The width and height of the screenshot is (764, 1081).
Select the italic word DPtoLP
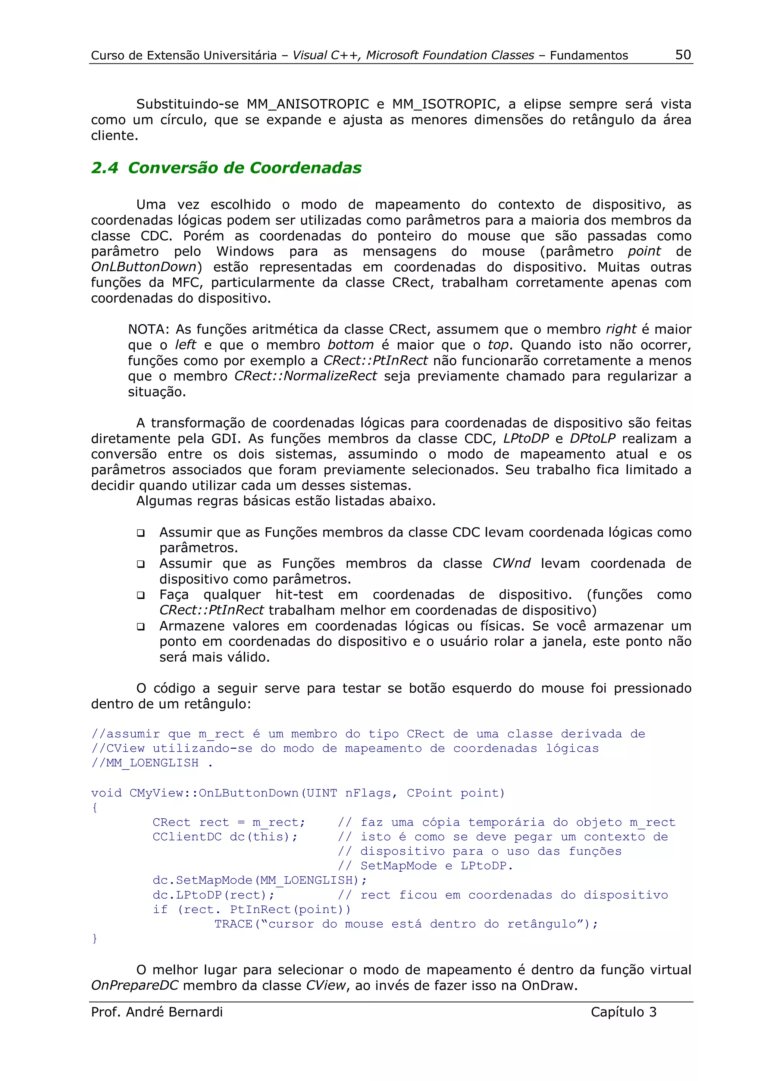592,438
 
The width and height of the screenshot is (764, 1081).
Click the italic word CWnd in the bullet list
511,564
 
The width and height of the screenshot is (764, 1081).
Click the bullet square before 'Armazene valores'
140,627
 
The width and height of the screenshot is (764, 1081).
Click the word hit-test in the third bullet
300,595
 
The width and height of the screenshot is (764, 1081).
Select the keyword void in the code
106,793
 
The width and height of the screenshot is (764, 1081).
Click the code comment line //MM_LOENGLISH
145,763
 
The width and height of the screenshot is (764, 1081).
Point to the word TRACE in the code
234,924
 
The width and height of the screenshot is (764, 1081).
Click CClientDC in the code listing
187,837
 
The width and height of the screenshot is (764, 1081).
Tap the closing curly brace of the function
95,939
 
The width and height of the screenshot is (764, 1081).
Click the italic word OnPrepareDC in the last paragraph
135,986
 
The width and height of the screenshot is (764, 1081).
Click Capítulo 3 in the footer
623,1012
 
